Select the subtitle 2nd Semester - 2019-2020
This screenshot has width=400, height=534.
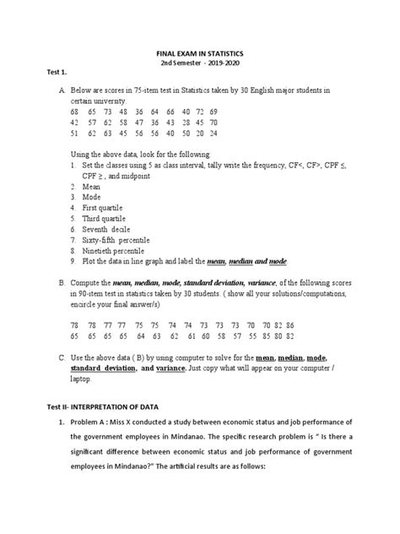point(200,63)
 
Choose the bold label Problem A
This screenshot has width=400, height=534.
point(90,422)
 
